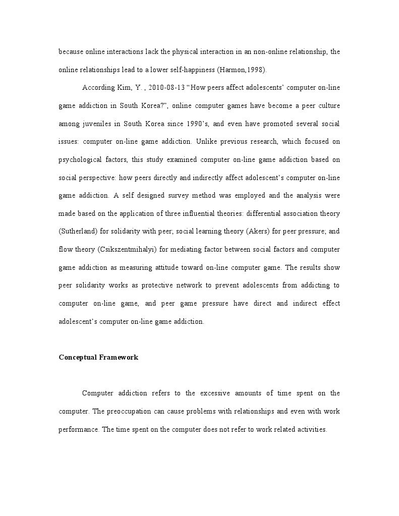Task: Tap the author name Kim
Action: (x=124, y=88)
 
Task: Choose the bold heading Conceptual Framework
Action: (x=98, y=358)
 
